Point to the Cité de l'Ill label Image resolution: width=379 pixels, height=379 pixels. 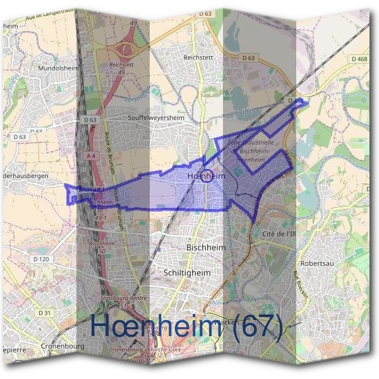point(278,233)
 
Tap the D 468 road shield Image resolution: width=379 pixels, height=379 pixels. point(359,59)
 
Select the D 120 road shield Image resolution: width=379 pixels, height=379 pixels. point(41,259)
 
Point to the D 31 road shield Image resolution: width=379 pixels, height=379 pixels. point(44,313)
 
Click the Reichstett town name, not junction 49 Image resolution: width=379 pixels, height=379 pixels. point(196,56)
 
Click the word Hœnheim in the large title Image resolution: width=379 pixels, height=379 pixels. point(159,325)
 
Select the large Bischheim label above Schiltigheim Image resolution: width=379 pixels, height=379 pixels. point(207,248)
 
